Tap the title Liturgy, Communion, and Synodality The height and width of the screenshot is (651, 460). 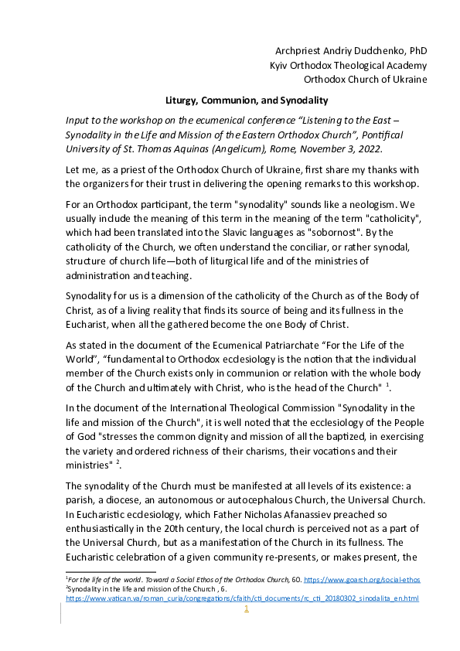247,101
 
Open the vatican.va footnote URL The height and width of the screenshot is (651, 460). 242,598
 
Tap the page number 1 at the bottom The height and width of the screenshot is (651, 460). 246,609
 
